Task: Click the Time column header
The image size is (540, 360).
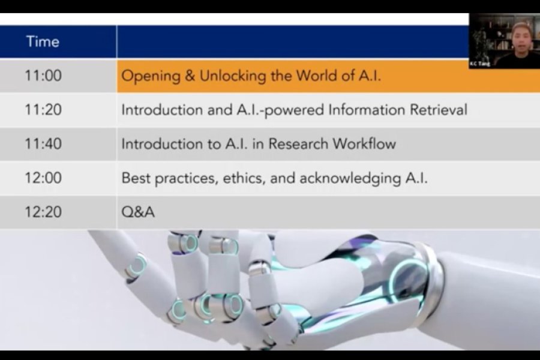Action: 43,41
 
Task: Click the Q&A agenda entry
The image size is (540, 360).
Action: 138,212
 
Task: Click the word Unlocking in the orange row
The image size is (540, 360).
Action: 233,76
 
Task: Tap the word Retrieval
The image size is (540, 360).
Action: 439,110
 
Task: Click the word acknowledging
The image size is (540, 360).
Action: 350,178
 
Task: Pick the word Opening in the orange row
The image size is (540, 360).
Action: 151,76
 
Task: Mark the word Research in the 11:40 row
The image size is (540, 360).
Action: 298,143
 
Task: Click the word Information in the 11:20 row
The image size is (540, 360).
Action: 367,110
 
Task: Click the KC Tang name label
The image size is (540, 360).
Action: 480,64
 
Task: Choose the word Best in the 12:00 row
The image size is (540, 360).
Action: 136,178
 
